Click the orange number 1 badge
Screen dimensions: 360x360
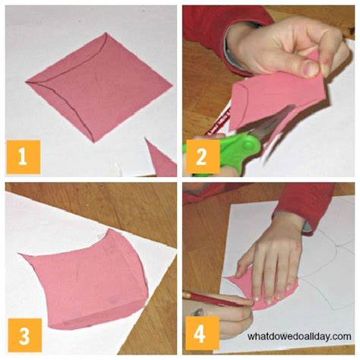23,156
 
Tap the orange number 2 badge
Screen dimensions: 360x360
202,156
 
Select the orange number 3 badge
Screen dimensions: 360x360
23,336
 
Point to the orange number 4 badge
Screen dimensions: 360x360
202,336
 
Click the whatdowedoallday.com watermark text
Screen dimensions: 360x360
299,335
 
